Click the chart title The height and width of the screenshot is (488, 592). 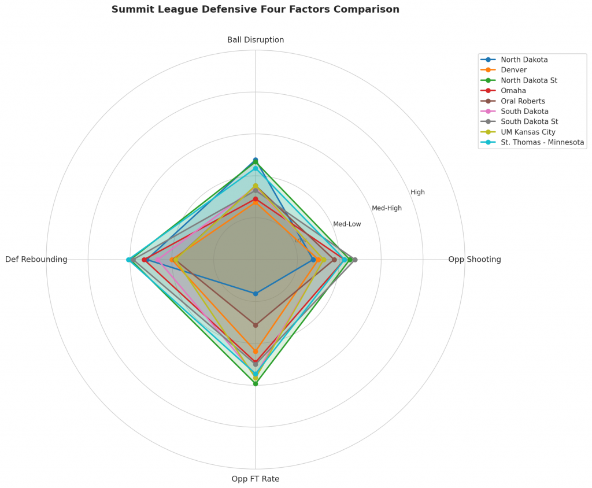(255, 9)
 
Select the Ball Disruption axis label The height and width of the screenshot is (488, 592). (255, 40)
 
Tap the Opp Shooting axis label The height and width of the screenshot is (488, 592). (474, 260)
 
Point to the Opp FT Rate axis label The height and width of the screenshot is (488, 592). (255, 479)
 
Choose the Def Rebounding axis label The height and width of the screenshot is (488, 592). (36, 260)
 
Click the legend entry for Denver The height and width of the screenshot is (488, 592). (513, 70)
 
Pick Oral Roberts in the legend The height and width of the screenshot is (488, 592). (523, 101)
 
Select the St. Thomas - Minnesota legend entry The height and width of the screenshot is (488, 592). (542, 142)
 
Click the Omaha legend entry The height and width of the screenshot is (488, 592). (513, 91)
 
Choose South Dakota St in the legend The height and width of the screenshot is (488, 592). (529, 121)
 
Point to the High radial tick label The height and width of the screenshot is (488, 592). (417, 192)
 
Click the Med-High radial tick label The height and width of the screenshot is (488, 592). (386, 208)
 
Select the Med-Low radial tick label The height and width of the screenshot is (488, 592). (347, 224)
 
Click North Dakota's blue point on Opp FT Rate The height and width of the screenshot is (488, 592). (255, 294)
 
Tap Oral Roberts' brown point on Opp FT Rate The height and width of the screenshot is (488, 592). (255, 325)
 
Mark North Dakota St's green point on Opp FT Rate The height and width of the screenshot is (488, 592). (255, 383)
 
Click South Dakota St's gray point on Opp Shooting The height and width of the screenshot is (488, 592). (355, 260)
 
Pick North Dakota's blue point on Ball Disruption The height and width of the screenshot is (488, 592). (255, 160)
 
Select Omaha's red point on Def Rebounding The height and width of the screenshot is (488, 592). (144, 260)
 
